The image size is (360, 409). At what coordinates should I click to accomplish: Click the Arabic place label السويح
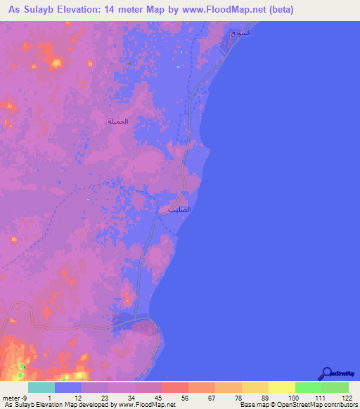240,34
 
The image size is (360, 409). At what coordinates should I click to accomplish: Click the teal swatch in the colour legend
41,387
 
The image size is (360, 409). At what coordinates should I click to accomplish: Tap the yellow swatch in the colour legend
282,387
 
